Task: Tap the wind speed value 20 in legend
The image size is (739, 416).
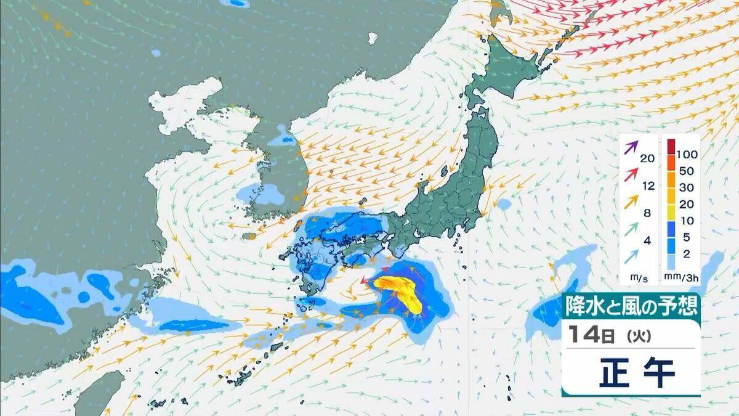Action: pyautogui.click(x=647, y=158)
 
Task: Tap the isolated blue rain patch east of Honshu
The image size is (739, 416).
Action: pyautogui.click(x=504, y=203)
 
